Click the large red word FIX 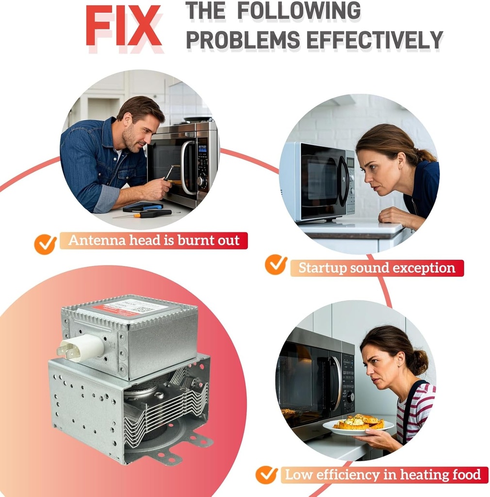123,26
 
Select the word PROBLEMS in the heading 243,40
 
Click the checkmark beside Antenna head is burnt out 46,244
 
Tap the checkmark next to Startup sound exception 276,265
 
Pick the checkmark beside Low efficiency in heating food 267,475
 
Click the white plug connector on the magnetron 81,348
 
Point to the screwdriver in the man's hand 169,173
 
